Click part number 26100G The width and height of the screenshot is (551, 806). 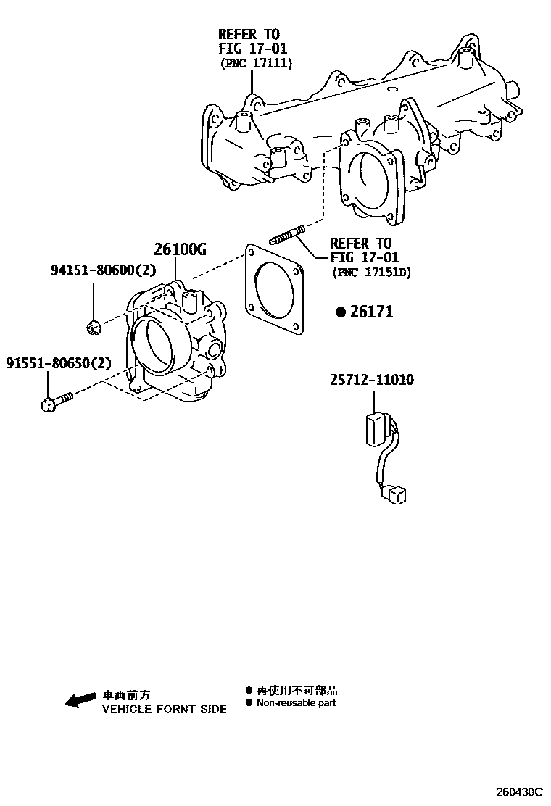pos(180,250)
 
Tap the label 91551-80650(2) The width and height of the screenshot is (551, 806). pos(59,362)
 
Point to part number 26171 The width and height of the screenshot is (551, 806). pos(371,312)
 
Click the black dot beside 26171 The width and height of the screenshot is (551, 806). pos(341,312)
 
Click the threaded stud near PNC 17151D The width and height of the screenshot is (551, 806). pos(286,235)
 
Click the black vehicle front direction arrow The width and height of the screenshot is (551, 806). pos(80,699)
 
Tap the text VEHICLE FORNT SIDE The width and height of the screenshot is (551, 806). pos(164,710)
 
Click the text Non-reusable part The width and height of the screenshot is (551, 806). pos(296,703)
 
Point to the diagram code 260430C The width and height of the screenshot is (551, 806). pos(519,792)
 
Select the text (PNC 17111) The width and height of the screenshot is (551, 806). pos(256,64)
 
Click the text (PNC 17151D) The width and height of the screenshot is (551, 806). pos(370,273)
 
